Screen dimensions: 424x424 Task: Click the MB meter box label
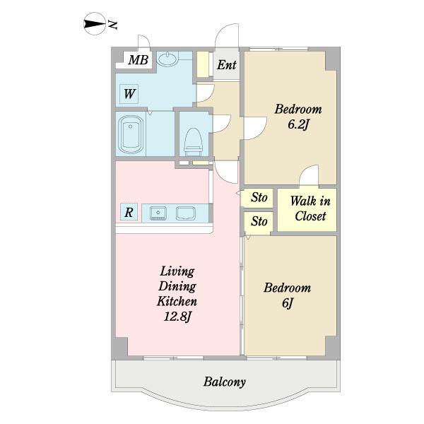point(139,60)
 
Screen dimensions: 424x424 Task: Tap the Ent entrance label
point(227,65)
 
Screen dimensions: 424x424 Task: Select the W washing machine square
point(129,94)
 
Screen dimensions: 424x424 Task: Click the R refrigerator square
point(129,212)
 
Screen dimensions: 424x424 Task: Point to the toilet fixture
point(194,142)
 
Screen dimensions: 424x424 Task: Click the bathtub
point(131,135)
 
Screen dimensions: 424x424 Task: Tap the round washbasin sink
point(167,59)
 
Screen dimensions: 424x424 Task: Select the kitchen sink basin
point(158,213)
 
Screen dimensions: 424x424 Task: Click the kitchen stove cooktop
point(185,213)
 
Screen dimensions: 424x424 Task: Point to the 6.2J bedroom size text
point(298,125)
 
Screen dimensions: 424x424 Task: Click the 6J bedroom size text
point(288,303)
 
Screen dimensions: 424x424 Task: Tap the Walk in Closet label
point(310,208)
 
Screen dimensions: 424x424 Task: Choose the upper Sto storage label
point(259,197)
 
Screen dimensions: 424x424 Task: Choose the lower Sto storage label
point(259,221)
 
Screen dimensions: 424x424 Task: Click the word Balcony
point(225,382)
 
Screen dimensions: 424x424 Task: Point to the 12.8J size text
point(177,317)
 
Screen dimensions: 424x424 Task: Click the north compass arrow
point(94,24)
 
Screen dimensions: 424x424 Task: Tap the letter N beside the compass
point(112,25)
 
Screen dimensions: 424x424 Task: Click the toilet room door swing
point(221,124)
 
